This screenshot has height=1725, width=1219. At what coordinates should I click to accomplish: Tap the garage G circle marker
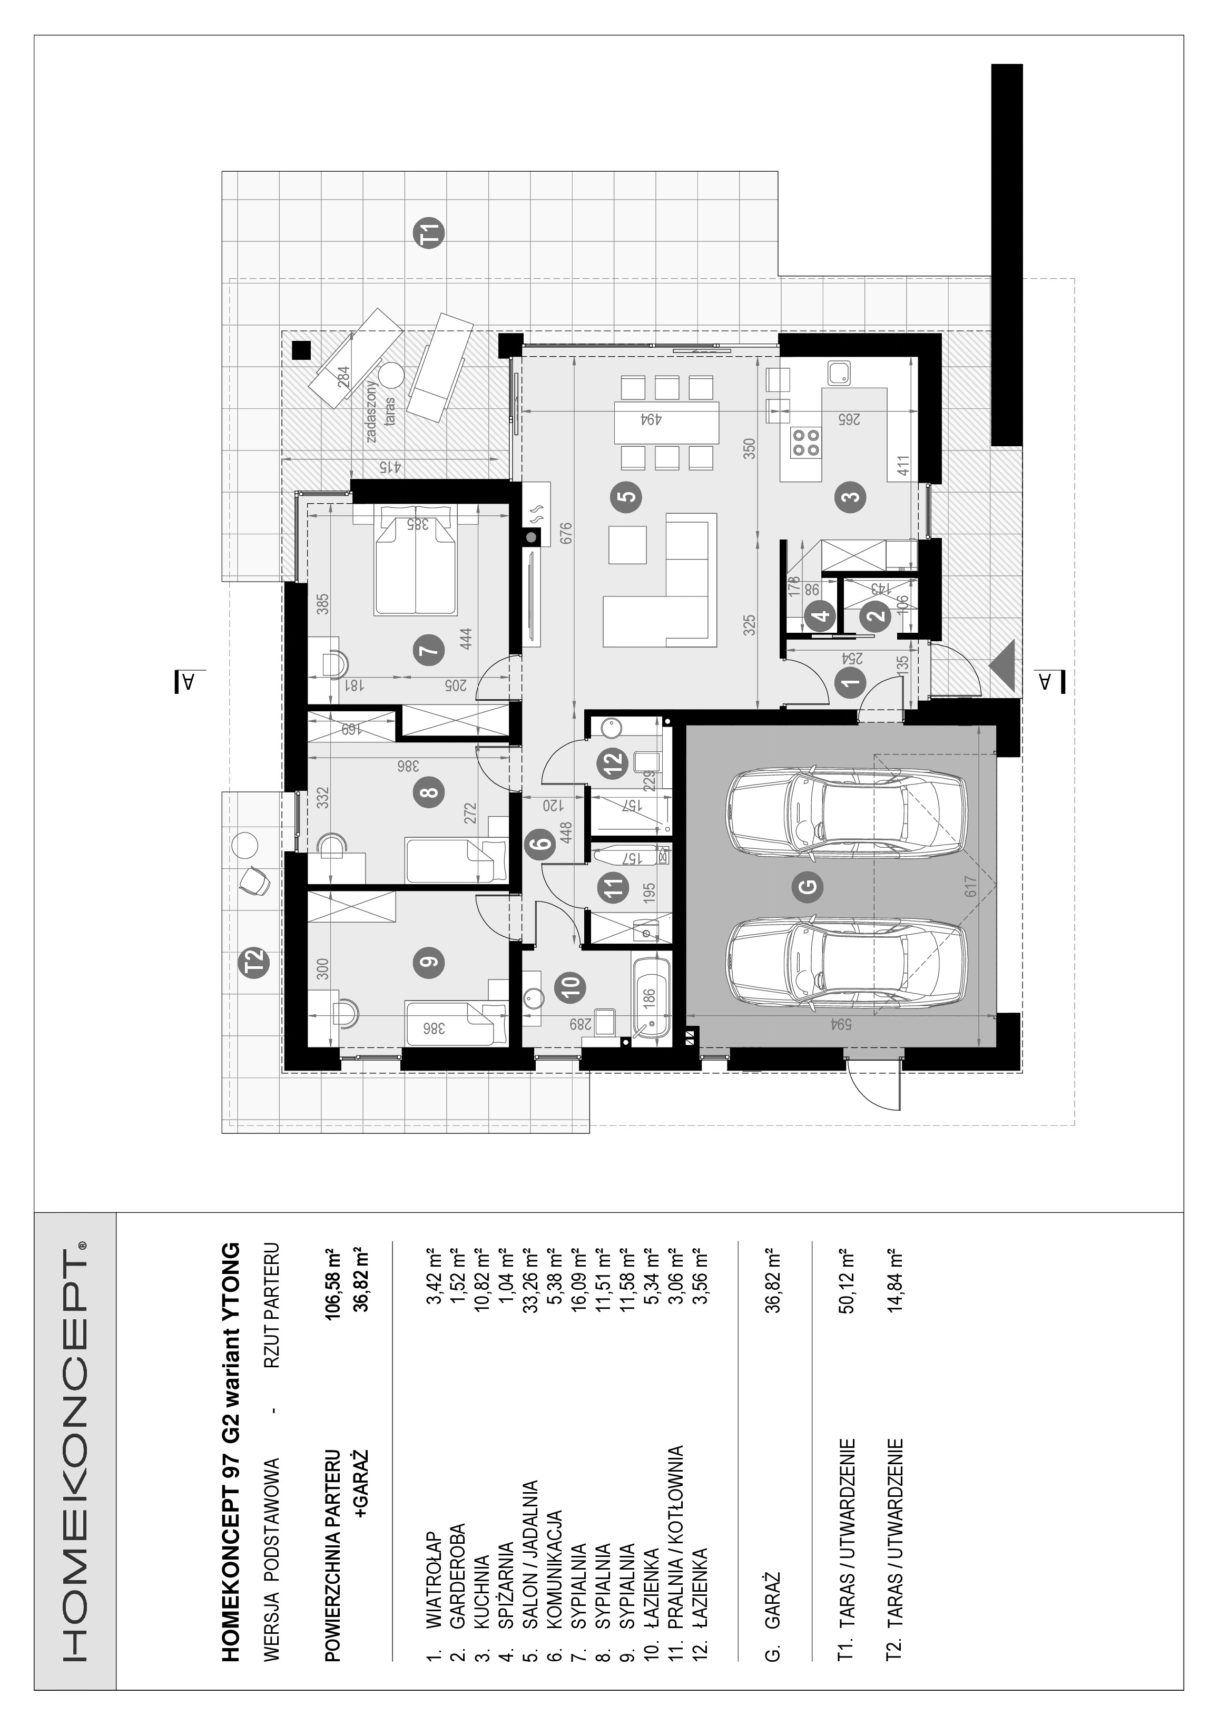(x=809, y=887)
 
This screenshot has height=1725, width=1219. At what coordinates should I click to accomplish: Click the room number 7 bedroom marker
(x=429, y=649)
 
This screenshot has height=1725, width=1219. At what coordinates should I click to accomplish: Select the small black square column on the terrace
(x=301, y=350)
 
